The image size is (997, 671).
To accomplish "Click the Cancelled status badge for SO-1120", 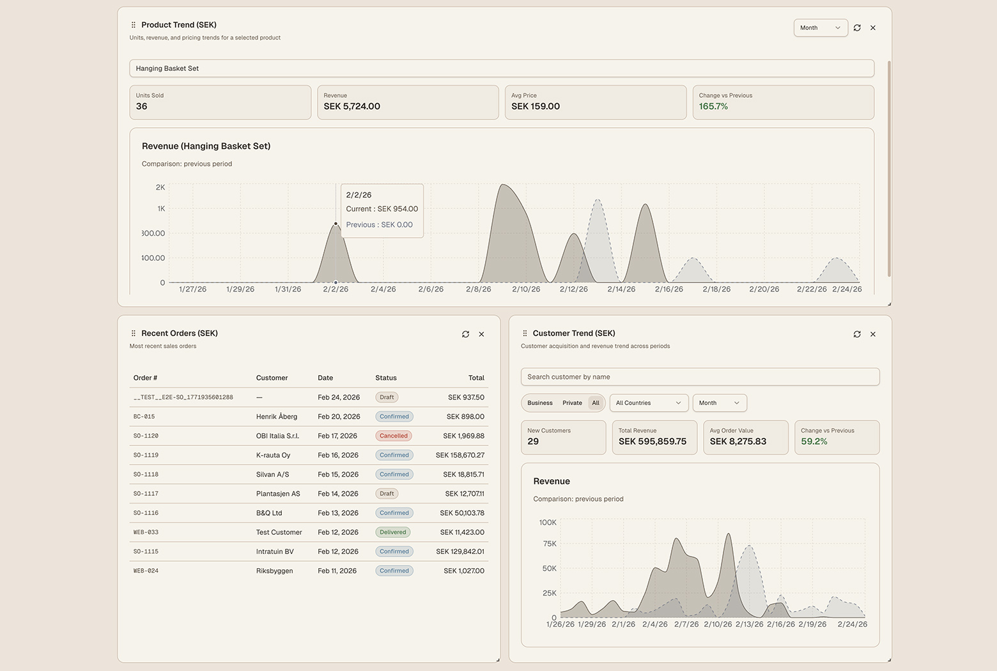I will [x=394, y=436].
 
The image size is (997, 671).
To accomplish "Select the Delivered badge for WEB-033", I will [x=393, y=532].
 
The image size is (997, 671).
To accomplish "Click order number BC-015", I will [x=144, y=417].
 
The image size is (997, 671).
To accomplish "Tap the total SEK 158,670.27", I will [x=460, y=455].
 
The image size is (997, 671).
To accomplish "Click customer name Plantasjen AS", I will [x=277, y=494].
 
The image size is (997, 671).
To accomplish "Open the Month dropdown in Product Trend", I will [x=820, y=28].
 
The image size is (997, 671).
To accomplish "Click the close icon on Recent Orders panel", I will [x=481, y=334].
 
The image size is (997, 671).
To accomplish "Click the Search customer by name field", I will [x=700, y=377].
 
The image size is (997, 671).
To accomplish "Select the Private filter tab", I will [x=572, y=403].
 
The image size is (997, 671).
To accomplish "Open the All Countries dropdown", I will [x=649, y=403].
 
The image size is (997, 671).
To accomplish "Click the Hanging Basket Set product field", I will [x=501, y=68].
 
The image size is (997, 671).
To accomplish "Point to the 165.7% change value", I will [x=713, y=107].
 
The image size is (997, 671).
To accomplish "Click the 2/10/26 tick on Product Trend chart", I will [x=526, y=289].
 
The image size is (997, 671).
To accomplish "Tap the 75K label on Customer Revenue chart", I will [x=549, y=544].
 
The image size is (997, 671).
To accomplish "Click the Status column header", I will [x=386, y=378].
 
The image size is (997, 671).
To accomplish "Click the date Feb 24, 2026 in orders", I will [x=338, y=397].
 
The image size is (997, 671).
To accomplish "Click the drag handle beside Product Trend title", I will [x=133, y=25].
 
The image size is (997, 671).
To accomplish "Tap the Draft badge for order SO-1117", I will [x=387, y=494].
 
